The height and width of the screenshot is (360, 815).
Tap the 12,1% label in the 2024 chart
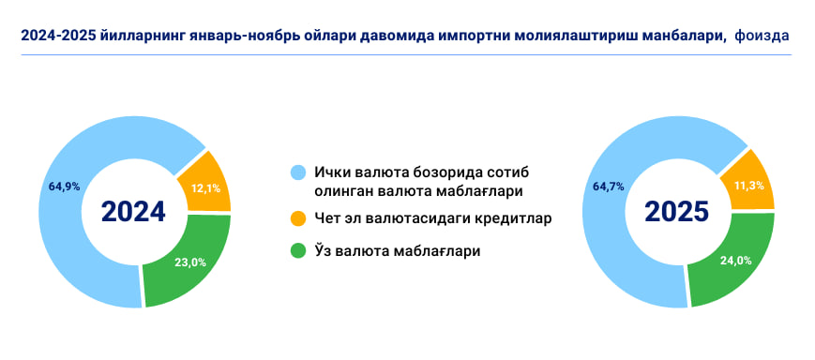(205, 189)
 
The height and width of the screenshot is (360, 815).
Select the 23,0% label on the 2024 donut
(190, 262)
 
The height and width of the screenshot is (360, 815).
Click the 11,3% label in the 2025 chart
(749, 186)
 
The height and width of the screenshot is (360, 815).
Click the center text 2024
(133, 212)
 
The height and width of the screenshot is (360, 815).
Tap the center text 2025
(677, 212)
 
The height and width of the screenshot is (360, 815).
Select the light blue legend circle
(298, 173)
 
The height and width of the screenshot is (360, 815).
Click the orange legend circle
(298, 219)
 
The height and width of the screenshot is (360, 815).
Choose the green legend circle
(298, 251)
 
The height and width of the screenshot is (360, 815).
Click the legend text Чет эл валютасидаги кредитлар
(432, 219)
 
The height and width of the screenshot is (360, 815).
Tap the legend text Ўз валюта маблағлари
(397, 251)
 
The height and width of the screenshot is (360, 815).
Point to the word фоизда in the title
(762, 36)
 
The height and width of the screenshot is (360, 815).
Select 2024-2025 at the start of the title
(56, 36)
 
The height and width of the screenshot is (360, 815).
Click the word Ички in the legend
(333, 173)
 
